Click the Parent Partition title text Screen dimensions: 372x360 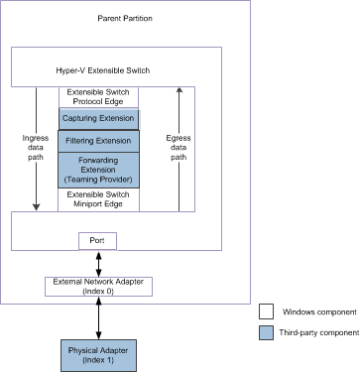(x=126, y=20)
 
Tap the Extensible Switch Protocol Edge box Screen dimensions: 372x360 (x=99, y=97)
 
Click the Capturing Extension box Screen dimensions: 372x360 (x=99, y=119)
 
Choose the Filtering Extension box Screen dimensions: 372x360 (x=99, y=141)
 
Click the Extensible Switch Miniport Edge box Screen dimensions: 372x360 (x=99, y=198)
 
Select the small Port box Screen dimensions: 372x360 (x=97, y=240)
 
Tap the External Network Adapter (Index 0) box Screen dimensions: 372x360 (x=97, y=286)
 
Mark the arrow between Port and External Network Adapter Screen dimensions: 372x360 (x=97, y=263)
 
